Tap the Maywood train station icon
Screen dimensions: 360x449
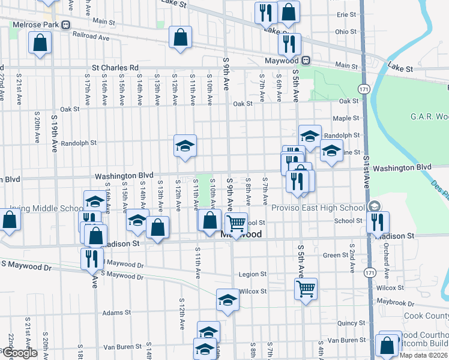[x=306, y=61]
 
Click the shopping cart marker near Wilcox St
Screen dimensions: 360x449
[x=306, y=289]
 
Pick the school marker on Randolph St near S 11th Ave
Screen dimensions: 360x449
[x=185, y=145]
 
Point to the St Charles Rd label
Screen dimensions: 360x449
[x=115, y=68]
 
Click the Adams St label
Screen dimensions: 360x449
[x=116, y=313]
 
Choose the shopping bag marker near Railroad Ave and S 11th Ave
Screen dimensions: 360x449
[x=180, y=37]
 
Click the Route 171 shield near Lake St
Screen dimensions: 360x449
[x=364, y=89]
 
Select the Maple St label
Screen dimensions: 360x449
[x=345, y=118]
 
